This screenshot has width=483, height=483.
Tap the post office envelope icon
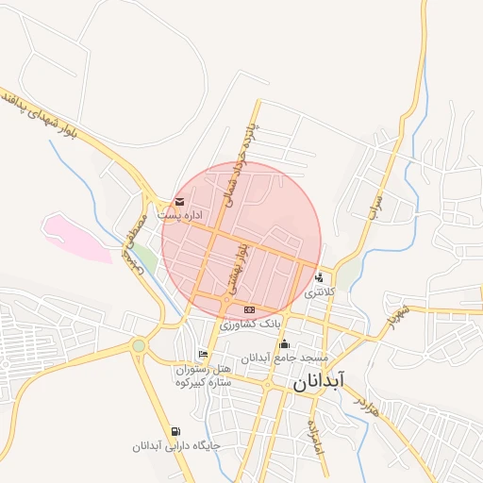(x=179, y=202)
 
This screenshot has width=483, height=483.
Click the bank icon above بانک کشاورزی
(x=249, y=309)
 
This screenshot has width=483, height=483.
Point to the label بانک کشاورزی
(x=250, y=323)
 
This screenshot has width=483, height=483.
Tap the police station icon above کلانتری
(x=321, y=277)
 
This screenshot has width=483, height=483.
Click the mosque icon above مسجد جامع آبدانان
(x=284, y=344)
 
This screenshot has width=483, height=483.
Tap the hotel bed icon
(x=202, y=355)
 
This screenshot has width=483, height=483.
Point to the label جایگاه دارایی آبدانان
(x=178, y=444)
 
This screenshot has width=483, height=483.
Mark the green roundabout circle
(x=140, y=346)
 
